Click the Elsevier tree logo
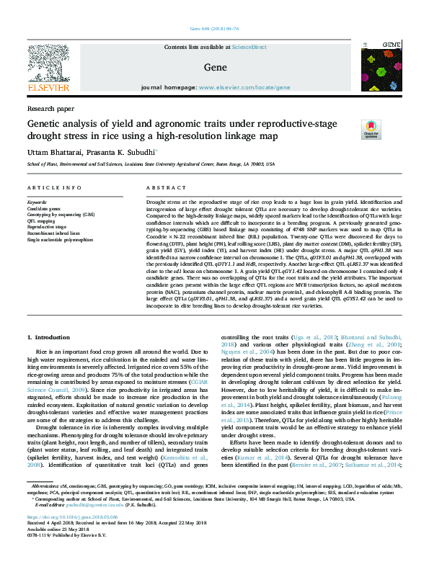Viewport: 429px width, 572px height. pyautogui.click(x=50, y=64)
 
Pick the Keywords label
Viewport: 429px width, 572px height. pyautogui.click(x=37, y=202)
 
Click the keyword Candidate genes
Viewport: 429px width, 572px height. pyautogui.click(x=43, y=208)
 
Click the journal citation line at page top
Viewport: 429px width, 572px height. pyautogui.click(x=214, y=29)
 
